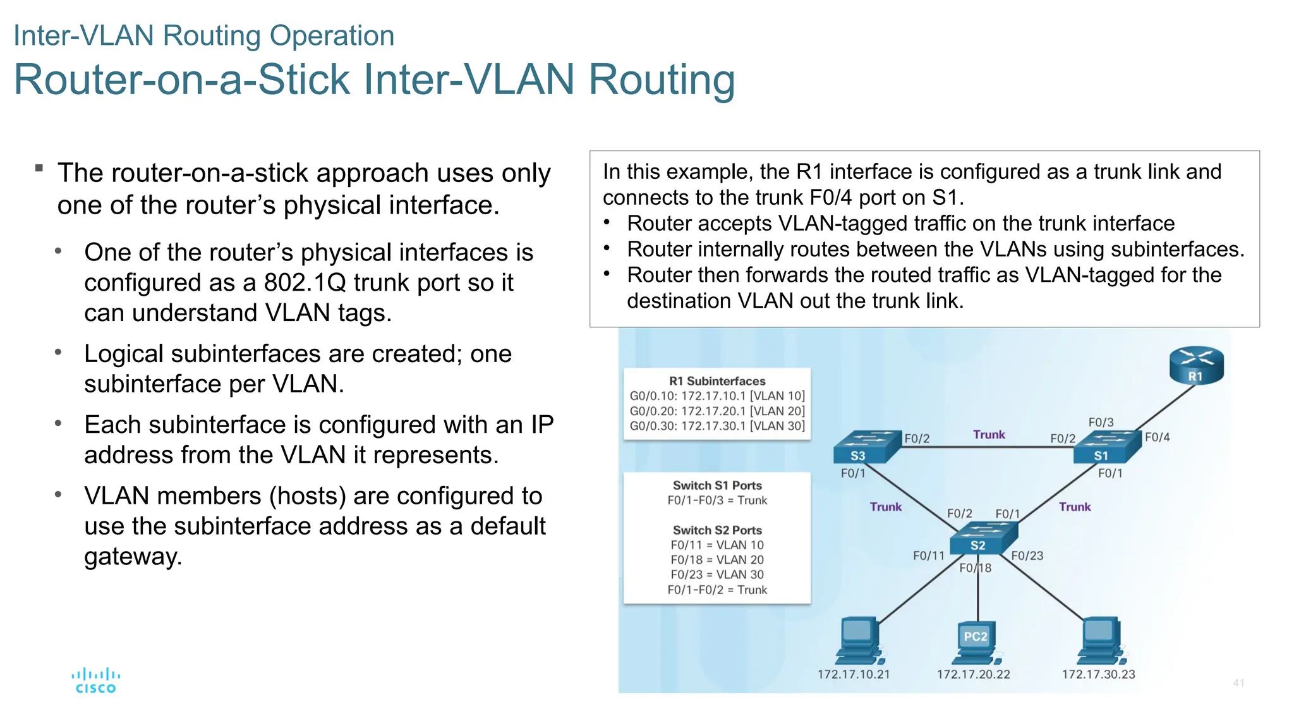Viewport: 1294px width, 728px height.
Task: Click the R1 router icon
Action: tap(1195, 365)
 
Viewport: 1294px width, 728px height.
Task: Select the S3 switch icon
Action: tap(866, 447)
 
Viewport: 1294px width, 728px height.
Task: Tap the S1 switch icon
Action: tap(1108, 447)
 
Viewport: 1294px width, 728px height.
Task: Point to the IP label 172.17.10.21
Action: tap(853, 674)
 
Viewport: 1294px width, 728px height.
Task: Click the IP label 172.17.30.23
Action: tap(1098, 674)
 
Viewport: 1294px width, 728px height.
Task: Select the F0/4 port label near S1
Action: tap(1157, 437)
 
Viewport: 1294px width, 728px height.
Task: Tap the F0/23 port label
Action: tap(1027, 556)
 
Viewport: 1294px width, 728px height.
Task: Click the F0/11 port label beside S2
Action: tap(928, 556)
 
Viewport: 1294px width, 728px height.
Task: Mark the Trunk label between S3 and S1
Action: tap(989, 435)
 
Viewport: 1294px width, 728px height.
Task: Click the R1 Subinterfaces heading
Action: tap(717, 381)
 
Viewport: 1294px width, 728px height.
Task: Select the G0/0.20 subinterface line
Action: tap(717, 411)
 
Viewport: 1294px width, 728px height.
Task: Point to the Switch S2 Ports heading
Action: tap(717, 530)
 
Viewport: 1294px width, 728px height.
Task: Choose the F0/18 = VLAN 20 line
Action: tap(717, 560)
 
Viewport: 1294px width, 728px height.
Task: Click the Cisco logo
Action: tap(95, 681)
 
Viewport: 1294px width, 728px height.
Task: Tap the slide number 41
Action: tap(1238, 682)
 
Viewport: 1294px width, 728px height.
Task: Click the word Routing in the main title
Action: tap(662, 80)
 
